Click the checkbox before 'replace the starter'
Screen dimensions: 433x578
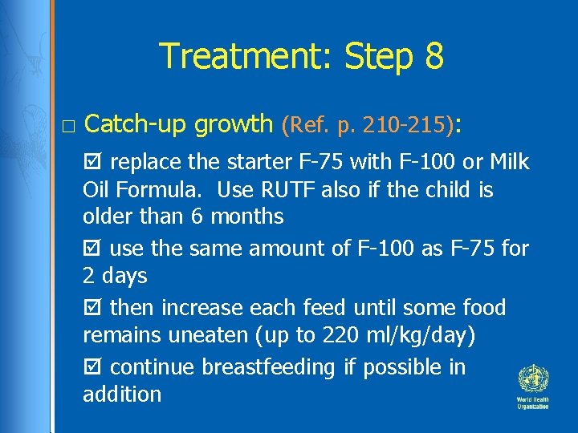tap(91, 162)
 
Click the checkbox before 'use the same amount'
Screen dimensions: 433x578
tap(91, 249)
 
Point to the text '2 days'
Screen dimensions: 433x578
tap(115, 277)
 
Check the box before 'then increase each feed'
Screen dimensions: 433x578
tap(91, 308)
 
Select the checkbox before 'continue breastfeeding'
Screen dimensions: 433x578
tap(91, 367)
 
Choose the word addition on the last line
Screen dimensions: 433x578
tap(122, 395)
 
